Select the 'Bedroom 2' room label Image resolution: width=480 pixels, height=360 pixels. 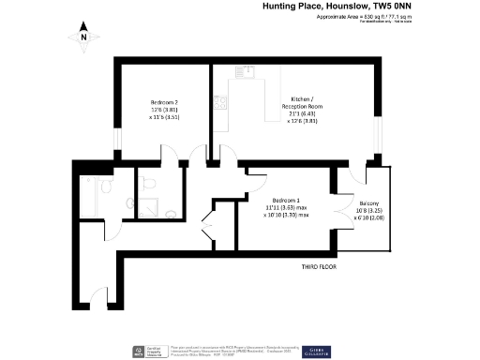pyautogui.click(x=164, y=101)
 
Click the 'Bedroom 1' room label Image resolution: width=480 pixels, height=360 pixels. pyautogui.click(x=286, y=202)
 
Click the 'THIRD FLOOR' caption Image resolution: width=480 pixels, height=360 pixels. pyautogui.click(x=320, y=266)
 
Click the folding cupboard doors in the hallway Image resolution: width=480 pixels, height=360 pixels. pyautogui.click(x=210, y=229)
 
